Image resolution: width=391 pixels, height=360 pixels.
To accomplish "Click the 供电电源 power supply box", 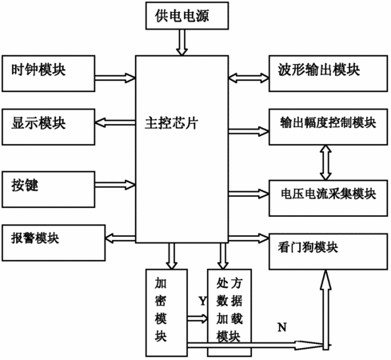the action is (x=187, y=15).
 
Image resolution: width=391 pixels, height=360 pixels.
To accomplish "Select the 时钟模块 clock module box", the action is (x=48, y=74).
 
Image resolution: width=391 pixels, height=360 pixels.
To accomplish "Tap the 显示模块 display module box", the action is (x=48, y=127).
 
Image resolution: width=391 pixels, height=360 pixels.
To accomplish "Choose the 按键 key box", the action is (x=48, y=190).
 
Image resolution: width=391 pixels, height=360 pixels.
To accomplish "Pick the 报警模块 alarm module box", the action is (x=54, y=242).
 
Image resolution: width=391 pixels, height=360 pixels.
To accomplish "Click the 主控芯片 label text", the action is (x=171, y=123).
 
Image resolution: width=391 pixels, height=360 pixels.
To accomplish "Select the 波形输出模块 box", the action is (x=328, y=74).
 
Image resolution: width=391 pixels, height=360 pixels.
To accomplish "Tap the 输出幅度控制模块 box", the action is (x=328, y=127).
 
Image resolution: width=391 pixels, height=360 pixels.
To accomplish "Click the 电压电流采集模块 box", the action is (x=328, y=198).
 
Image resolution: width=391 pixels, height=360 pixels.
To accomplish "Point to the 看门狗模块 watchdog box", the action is (x=328, y=251).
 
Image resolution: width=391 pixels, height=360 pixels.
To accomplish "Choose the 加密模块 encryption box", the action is (x=166, y=313).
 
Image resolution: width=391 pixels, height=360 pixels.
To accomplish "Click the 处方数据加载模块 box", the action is (x=229, y=313).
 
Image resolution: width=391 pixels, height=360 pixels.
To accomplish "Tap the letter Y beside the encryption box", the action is (x=202, y=301).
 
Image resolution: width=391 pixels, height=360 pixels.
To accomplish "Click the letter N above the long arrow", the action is (x=282, y=327).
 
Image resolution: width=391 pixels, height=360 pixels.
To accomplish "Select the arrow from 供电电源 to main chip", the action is (x=182, y=42).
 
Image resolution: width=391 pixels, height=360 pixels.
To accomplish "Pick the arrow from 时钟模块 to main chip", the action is (x=115, y=78).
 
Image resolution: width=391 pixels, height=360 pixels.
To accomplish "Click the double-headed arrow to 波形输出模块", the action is (x=249, y=78).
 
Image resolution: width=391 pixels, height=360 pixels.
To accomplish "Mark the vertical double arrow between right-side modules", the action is (x=325, y=162).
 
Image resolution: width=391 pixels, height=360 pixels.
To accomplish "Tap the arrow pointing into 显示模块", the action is (x=115, y=122).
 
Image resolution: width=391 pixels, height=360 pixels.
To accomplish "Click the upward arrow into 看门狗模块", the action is (x=325, y=310).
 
